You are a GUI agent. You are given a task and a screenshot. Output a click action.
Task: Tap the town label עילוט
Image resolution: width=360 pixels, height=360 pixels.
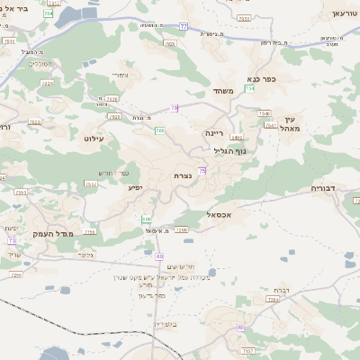pos(94,139)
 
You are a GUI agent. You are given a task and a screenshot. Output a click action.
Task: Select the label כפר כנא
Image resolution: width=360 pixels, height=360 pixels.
pos(260,78)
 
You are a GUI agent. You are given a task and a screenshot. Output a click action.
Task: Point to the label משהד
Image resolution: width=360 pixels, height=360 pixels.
pos(224,92)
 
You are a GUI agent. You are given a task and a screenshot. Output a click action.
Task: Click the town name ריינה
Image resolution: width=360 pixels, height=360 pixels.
pos(213,131)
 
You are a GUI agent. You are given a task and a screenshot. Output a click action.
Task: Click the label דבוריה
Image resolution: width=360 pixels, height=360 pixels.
pos(321,190)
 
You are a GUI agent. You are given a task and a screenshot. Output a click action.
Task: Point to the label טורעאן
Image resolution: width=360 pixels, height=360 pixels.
pos(344,15)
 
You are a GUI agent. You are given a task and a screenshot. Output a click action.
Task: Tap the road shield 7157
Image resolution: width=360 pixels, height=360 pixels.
pos(248,349)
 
